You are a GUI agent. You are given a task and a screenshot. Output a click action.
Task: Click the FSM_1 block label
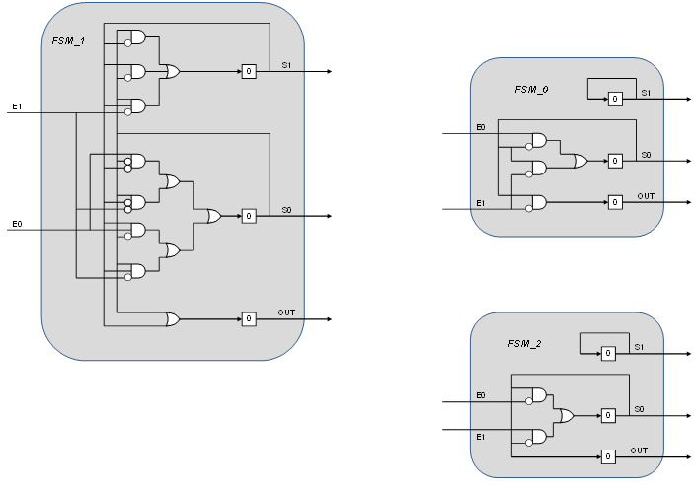(x=68, y=40)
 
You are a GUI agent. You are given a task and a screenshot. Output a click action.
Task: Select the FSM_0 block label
(x=531, y=90)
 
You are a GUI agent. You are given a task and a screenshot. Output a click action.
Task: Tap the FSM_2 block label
(x=525, y=344)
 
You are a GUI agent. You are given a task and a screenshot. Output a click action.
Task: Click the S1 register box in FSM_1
(x=249, y=71)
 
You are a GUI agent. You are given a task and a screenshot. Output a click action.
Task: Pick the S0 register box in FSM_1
(x=249, y=215)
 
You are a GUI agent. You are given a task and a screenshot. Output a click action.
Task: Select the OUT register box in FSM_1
(x=249, y=318)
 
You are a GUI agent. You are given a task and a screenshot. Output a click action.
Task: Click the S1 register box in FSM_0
(x=614, y=99)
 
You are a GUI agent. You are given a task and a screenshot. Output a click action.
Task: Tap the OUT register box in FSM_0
(x=614, y=202)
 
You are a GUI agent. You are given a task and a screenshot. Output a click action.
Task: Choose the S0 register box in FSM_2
(x=608, y=415)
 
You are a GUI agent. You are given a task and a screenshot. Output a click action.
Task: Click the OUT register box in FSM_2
(x=608, y=456)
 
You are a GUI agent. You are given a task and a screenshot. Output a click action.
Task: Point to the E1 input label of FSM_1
(x=17, y=105)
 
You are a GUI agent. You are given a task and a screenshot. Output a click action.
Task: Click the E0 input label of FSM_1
(x=17, y=225)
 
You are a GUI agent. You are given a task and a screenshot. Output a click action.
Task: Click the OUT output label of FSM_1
(x=286, y=312)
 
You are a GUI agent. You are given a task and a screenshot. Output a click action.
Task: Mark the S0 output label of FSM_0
(x=646, y=155)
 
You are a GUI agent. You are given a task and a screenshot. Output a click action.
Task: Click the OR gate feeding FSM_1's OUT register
(x=173, y=318)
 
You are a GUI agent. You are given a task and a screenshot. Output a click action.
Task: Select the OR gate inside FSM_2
(x=566, y=416)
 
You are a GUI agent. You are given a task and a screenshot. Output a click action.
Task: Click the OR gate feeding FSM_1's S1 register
(x=173, y=71)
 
